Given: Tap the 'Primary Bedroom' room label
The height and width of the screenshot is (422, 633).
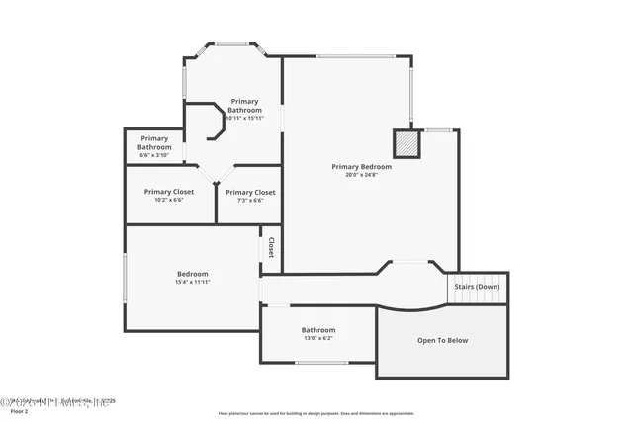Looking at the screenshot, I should click(361, 167).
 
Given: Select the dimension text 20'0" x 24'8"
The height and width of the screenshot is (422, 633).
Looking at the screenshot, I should click(361, 175).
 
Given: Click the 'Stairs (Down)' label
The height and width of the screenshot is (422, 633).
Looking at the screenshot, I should click(477, 287).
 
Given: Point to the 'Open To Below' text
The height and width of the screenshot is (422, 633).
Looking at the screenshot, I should click(442, 341).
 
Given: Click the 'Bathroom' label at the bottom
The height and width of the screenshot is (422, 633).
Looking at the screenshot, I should click(318, 330).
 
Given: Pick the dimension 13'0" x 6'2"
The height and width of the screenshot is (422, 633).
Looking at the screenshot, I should click(318, 338).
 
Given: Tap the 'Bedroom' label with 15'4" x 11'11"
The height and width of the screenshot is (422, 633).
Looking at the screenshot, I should click(193, 274).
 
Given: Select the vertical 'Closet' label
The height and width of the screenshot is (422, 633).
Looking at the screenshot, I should click(271, 247).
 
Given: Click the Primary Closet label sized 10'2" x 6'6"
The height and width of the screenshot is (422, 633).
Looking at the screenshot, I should click(168, 191).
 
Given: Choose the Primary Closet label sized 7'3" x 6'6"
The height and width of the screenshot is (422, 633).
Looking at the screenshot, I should click(250, 192).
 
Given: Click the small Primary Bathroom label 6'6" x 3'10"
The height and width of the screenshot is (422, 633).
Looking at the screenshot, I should click(154, 142).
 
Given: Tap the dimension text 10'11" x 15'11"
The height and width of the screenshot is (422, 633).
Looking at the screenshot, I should click(244, 118).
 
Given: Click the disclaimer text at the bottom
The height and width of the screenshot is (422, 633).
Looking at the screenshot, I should click(316, 412).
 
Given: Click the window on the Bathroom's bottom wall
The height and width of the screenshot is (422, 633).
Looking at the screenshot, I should click(320, 363).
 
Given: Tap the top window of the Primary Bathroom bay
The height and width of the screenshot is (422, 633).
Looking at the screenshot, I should click(232, 42).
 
